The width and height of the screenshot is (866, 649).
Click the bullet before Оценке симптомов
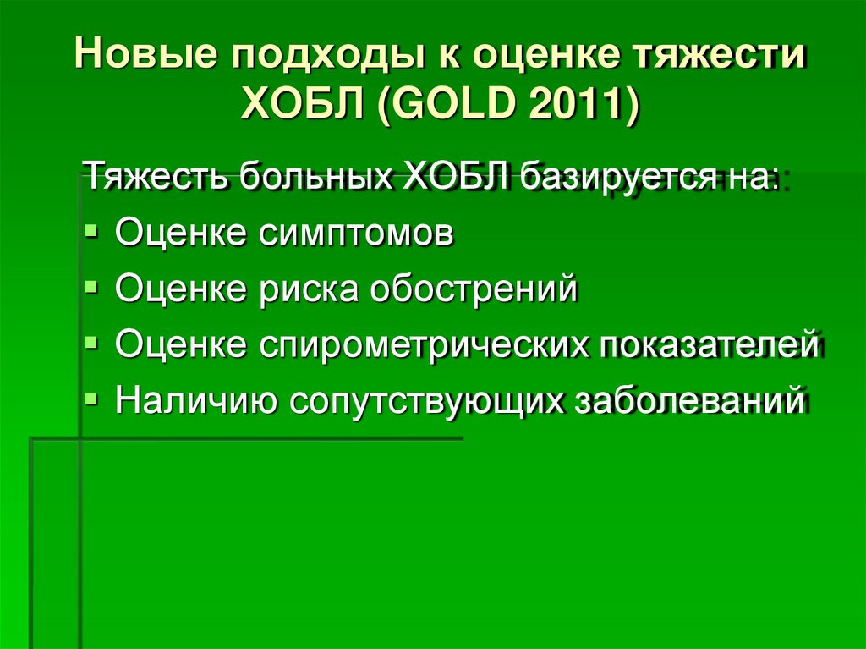click(92, 230)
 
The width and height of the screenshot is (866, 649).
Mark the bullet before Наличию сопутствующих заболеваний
click(92, 396)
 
